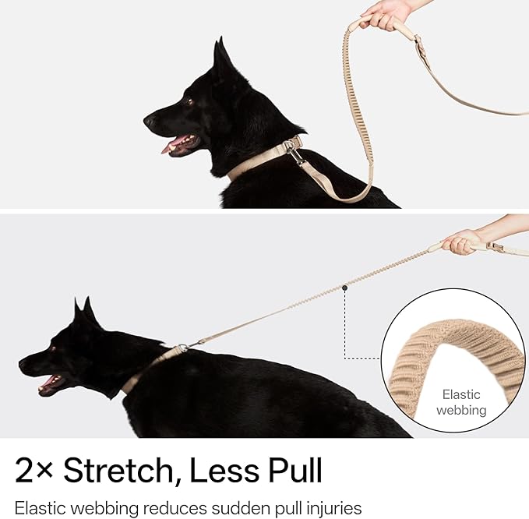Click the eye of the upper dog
(x=189, y=101)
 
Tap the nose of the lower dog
(x=23, y=364)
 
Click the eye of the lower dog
(x=53, y=349)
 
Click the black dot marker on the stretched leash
(x=344, y=288)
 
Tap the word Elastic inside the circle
(x=461, y=394)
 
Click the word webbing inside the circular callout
(x=461, y=411)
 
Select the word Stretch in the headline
(x=118, y=470)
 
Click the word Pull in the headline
(x=295, y=470)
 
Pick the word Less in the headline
(x=224, y=470)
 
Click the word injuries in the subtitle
(x=334, y=508)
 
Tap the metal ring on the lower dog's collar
(x=182, y=348)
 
